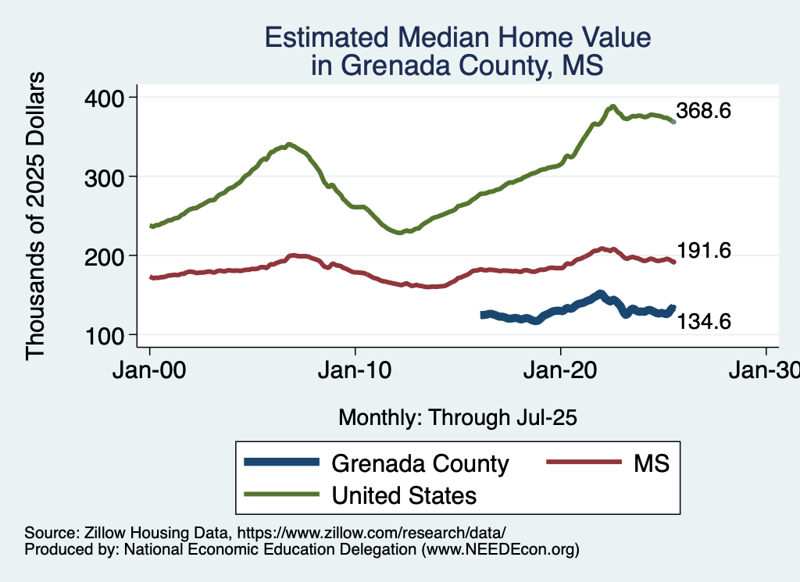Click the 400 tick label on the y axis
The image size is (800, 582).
coord(105,98)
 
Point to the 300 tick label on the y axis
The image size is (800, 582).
coord(105,177)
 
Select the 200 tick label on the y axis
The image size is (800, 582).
coord(105,256)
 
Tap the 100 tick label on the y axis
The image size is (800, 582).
coord(105,336)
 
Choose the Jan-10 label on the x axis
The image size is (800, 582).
coord(355,370)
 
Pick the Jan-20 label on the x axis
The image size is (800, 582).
coord(561,370)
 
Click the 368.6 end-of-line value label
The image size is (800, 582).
coord(704,112)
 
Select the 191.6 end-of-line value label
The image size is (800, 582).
coord(704,251)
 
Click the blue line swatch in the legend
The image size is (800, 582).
coord(282,462)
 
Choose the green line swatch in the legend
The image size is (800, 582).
coord(282,494)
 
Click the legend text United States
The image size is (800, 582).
coord(404,495)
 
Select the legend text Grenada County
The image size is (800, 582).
coord(420,463)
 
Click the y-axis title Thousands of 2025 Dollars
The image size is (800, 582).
coord(37,216)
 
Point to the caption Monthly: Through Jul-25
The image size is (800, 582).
coord(457,418)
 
